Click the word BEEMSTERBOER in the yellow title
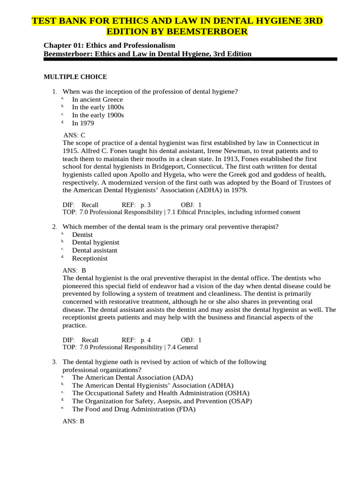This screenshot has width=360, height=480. (212, 31)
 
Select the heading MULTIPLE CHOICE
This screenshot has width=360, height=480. (75, 77)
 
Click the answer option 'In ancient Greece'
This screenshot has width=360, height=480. (97, 99)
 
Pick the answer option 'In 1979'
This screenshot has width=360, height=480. (82, 123)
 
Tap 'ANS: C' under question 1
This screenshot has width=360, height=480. (74, 135)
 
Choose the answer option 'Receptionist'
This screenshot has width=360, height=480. (90, 258)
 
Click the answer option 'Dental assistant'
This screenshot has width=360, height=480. (94, 250)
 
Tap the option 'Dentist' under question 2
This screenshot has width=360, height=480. (82, 234)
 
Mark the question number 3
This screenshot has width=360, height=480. (54, 362)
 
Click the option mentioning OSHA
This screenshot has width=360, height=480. (160, 393)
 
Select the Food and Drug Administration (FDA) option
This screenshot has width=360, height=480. (133, 409)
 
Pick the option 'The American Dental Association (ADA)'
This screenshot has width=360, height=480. (132, 377)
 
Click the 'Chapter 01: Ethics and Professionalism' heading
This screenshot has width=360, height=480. (109, 45)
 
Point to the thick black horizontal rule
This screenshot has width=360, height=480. (190, 60)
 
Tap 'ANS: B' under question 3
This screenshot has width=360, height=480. (73, 421)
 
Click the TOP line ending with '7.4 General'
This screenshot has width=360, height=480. (130, 347)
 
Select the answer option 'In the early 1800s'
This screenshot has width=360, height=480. (98, 107)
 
